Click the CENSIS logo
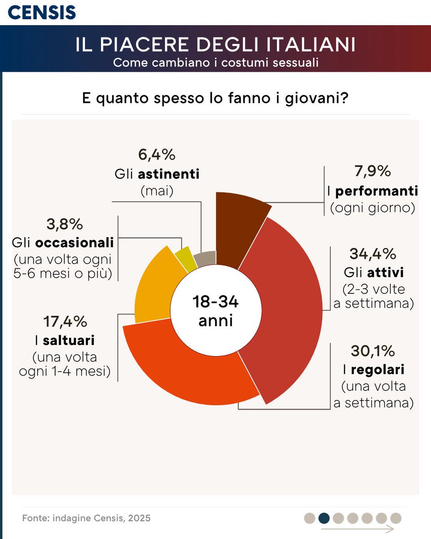point(42,12)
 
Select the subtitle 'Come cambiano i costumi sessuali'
point(215,62)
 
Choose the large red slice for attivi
point(287,305)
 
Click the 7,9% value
point(372,171)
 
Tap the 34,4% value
point(373,254)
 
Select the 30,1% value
point(373,351)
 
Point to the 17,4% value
point(65,322)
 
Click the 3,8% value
point(65,224)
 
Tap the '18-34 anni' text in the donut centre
point(215,311)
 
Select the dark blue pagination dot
point(324,518)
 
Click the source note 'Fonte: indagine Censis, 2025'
point(86,518)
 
